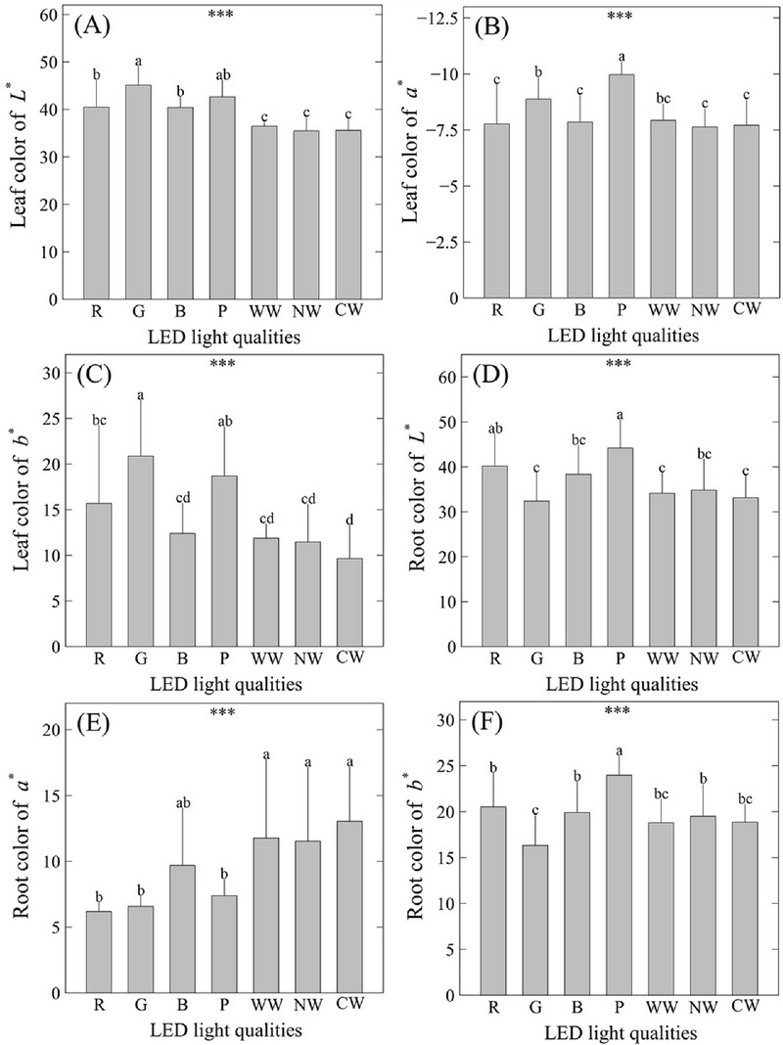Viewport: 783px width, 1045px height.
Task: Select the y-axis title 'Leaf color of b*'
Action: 21,509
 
